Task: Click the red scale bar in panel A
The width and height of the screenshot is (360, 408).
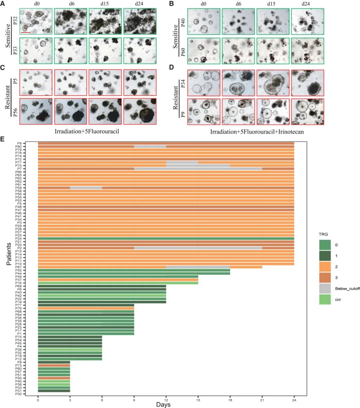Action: coord(26,32)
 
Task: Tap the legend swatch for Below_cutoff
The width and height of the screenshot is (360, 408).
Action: coord(325,289)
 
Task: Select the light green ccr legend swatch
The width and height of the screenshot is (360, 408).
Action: coord(325,299)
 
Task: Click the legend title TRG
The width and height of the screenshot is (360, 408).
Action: coord(323,234)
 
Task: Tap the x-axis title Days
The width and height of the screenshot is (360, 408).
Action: coord(163,405)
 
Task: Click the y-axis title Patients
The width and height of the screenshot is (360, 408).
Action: coord(9,254)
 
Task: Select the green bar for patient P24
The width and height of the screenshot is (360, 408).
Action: coord(166,239)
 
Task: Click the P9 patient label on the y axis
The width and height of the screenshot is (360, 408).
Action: coord(19,144)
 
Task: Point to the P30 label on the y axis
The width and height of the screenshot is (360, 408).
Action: coord(19,394)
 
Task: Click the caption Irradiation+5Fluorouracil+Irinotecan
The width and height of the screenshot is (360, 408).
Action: coord(257,132)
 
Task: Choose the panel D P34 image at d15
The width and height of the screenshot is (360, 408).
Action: coord(272,83)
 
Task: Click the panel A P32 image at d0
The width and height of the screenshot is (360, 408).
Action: coord(36,21)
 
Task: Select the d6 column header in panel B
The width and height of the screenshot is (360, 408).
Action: coord(238,4)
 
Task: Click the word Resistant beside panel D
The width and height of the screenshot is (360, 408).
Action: coord(176,97)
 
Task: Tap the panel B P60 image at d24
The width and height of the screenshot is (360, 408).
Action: coord(307,51)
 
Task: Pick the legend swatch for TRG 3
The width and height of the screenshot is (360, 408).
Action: coord(325,278)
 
